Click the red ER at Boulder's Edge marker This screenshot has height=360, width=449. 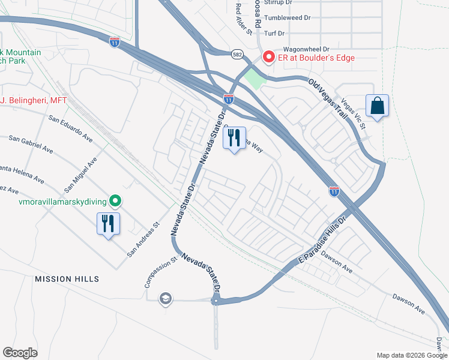[268, 58]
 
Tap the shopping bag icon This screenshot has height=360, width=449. [377, 106]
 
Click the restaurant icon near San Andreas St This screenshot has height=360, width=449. [109, 224]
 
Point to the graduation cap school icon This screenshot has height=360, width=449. [165, 298]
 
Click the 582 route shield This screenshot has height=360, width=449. [238, 53]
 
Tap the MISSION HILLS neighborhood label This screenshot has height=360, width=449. [67, 279]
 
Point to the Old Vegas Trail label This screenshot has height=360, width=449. [328, 98]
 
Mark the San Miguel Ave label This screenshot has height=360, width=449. [84, 172]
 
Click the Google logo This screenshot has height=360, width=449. [20, 353]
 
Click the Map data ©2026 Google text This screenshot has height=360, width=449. [411, 355]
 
